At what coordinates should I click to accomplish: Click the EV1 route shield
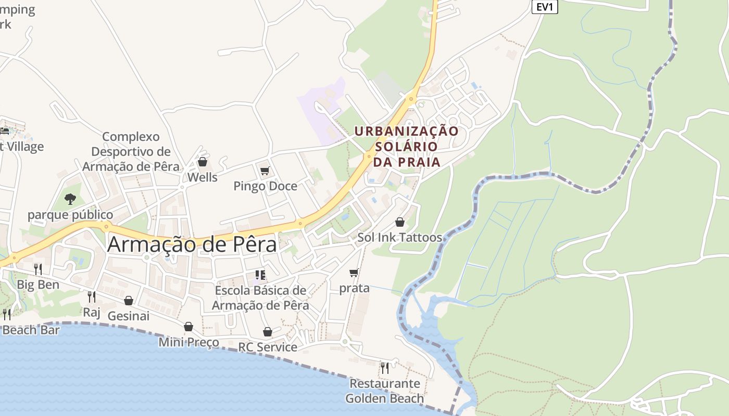tap(545, 7)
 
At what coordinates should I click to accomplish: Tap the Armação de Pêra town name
tap(192, 244)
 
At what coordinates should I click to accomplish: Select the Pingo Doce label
tap(265, 186)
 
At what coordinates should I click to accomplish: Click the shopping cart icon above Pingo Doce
tap(265, 171)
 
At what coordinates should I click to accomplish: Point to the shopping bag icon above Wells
tap(203, 162)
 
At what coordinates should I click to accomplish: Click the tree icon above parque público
tap(70, 199)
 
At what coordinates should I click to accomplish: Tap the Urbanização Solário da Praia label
tap(407, 146)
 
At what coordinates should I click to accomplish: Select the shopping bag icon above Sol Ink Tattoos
tap(400, 222)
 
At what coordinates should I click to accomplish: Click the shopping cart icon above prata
tap(354, 272)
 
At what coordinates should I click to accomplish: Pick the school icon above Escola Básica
tap(260, 275)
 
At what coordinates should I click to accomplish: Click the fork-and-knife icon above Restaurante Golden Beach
tap(385, 368)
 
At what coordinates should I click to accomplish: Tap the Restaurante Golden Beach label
tap(384, 391)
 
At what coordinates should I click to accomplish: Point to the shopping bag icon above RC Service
tap(268, 332)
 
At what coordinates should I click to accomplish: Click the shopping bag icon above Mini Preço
tap(188, 327)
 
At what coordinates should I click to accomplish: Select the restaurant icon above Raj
tap(92, 297)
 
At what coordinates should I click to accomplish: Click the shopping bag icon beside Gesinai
tap(129, 301)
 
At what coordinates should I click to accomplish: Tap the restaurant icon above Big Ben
tap(38, 269)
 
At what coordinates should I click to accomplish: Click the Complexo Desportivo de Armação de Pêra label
tap(131, 151)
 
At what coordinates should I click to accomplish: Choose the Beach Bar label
tap(31, 330)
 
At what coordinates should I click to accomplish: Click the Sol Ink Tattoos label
tap(399, 238)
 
